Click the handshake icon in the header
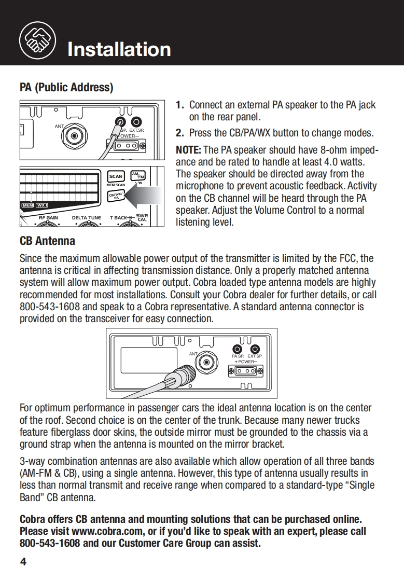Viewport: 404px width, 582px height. click(x=35, y=38)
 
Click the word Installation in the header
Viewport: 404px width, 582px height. click(x=119, y=49)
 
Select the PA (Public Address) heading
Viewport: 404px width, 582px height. click(x=66, y=87)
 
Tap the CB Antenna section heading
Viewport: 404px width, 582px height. click(x=47, y=241)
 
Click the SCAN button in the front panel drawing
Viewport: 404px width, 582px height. click(x=116, y=177)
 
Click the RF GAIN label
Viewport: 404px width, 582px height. click(x=48, y=218)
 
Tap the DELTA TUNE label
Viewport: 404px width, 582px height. click(x=87, y=218)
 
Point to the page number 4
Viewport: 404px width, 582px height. click(x=23, y=562)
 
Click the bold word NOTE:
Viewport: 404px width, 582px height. click(x=189, y=150)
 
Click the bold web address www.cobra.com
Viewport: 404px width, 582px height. click(x=101, y=531)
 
